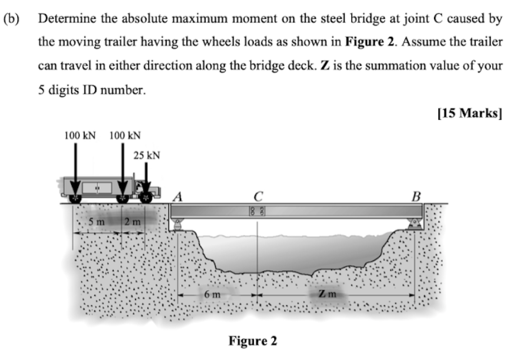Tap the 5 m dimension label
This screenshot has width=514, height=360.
click(x=96, y=221)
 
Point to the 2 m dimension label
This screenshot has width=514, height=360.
click(x=132, y=221)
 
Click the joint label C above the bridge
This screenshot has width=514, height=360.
click(x=258, y=194)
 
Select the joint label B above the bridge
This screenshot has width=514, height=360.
click(x=416, y=196)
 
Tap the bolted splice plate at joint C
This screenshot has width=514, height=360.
click(x=258, y=211)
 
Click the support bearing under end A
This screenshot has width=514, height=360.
click(x=177, y=224)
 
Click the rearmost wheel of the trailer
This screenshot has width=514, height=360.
click(x=75, y=199)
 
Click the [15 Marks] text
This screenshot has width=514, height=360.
click(x=470, y=114)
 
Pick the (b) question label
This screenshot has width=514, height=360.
click(x=11, y=19)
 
